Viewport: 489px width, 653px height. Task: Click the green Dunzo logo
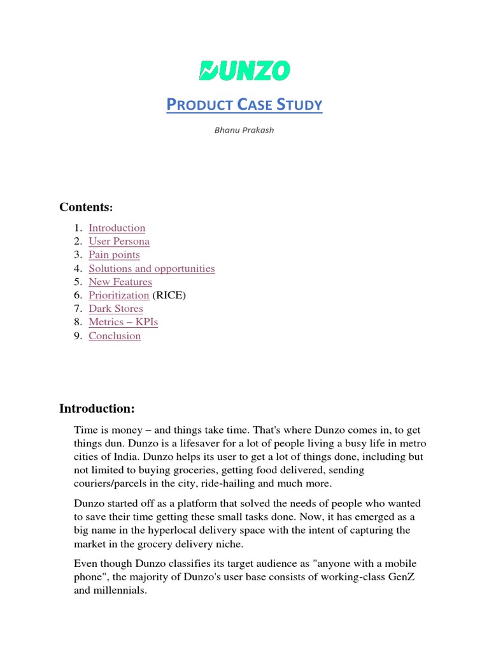[244, 70]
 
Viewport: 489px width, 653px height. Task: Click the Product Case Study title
[244, 105]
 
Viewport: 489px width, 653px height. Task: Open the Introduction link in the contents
[117, 228]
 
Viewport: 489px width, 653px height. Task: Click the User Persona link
[119, 241]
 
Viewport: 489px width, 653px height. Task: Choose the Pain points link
[114, 254]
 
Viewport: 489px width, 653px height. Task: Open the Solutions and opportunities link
[152, 268]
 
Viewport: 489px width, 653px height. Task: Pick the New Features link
[120, 282]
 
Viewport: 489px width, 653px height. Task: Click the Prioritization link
[118, 295]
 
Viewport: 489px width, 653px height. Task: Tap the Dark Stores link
[116, 309]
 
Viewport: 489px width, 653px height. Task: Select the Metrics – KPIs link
[123, 322]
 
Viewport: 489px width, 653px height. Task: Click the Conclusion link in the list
[115, 336]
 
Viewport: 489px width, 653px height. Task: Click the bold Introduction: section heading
[97, 408]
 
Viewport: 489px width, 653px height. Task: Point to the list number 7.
[77, 309]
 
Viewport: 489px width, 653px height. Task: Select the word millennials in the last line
[119, 591]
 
